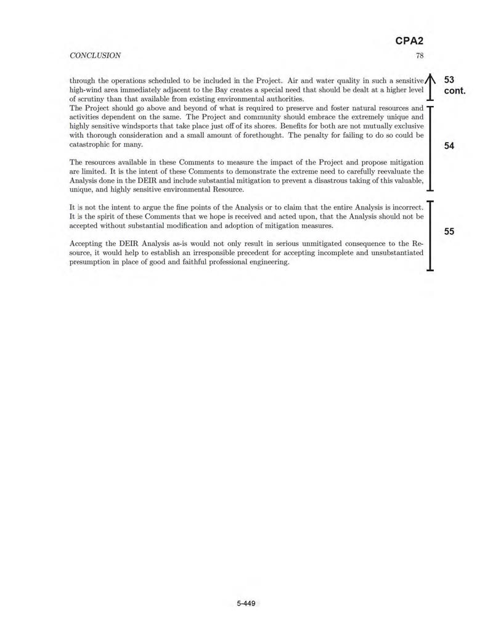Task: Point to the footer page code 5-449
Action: pyautogui.click(x=246, y=603)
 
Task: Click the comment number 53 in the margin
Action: pyautogui.click(x=449, y=80)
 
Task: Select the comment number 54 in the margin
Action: pyautogui.click(x=449, y=146)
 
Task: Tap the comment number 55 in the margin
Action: pyautogui.click(x=449, y=231)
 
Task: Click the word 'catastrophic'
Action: pyautogui.click(x=91, y=144)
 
